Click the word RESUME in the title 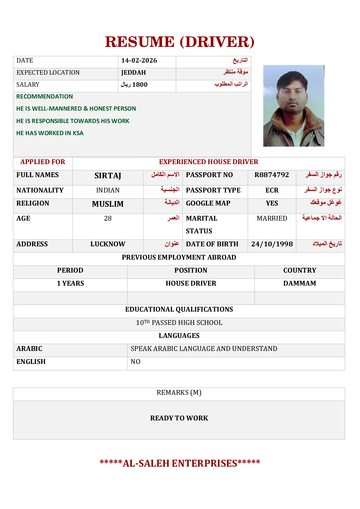click(x=140, y=42)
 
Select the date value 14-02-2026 click(x=139, y=60)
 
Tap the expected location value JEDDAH click(x=133, y=73)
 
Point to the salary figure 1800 click(x=140, y=85)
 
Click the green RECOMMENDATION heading click(x=44, y=96)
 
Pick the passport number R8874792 click(x=271, y=175)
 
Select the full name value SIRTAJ click(x=108, y=176)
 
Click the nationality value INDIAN click(x=108, y=190)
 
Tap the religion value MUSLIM click(x=108, y=204)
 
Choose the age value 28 click(x=108, y=218)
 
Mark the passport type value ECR click(x=272, y=190)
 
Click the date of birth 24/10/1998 click(x=272, y=244)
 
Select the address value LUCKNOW click(x=108, y=244)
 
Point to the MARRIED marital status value click(x=272, y=218)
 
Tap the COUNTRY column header click(x=300, y=270)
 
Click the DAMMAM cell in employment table click(x=300, y=283)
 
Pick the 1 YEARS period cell click(x=70, y=283)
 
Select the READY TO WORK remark click(x=179, y=418)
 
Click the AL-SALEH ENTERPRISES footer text click(x=180, y=463)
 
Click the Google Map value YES click(x=272, y=203)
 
